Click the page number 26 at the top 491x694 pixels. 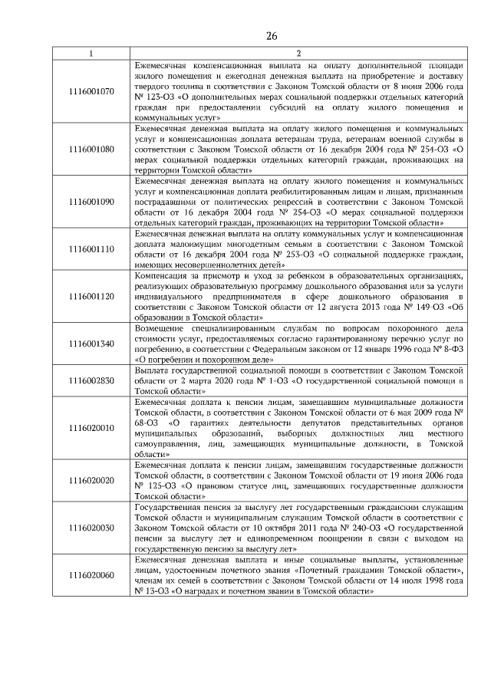(272, 36)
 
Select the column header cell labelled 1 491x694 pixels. (91, 52)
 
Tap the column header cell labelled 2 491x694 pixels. (298, 52)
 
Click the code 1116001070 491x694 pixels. (91, 91)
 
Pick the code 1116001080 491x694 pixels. (91, 149)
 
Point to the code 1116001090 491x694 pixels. (91, 201)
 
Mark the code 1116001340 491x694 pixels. (91, 344)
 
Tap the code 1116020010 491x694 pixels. (91, 427)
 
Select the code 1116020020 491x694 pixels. (91, 480)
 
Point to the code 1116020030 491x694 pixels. (91, 528)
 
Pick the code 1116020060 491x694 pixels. (91, 575)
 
